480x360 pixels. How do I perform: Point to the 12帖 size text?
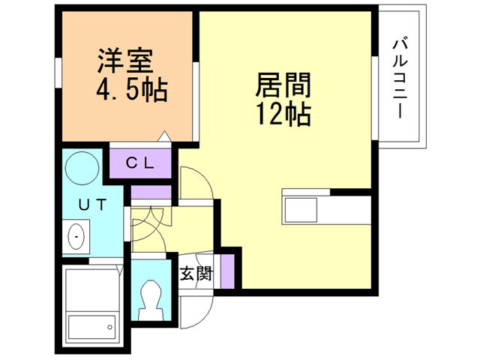coord(283,114)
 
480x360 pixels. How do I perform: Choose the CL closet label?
coord(139,162)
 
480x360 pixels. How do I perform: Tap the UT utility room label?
coord(92,204)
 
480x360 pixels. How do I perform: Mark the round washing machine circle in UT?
coord(80,170)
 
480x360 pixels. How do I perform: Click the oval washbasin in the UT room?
coord(77,237)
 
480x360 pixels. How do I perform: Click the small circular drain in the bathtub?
coord(109,326)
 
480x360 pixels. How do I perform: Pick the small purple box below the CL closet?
coord(151,192)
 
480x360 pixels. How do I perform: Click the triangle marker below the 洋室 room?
coord(164,138)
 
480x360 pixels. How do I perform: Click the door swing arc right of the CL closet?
coord(193,183)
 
